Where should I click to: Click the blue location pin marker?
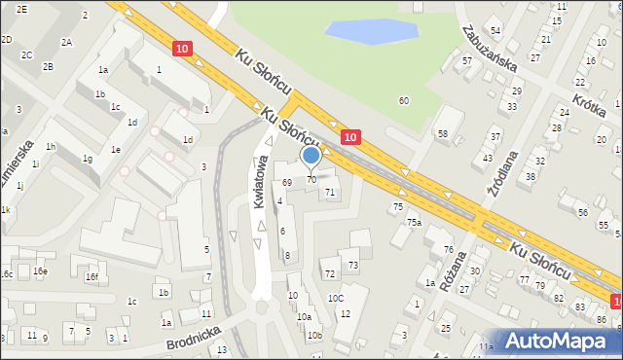pos(311,156)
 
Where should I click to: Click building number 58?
pos(443,133)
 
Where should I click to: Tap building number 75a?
pos(414,223)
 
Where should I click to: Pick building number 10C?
pos(336,298)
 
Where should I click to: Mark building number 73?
pos(353,265)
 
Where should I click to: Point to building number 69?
pos(287,182)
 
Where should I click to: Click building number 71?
pos(330,192)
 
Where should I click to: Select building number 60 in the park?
pos(404,100)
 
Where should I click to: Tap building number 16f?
pos(92,277)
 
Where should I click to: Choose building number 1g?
pos(87,159)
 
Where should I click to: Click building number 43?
pos(488,158)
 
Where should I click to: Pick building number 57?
pos(467,61)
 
